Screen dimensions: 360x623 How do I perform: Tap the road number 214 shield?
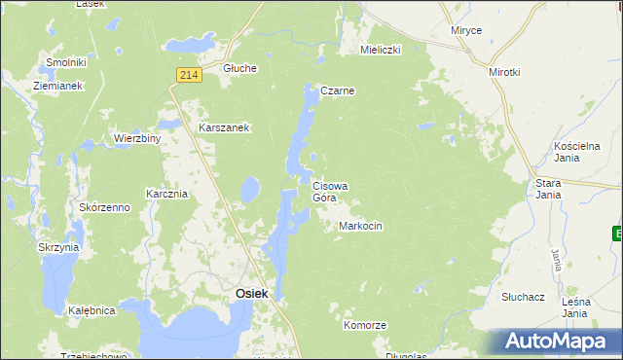[x=189, y=74]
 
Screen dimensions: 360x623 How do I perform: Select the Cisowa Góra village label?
[x=330, y=191]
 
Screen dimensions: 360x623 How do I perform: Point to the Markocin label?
[x=360, y=226]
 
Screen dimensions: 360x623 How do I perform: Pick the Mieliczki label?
[x=381, y=49]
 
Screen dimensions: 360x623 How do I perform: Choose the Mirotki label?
[x=505, y=72]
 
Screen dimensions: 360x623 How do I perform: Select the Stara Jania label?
[x=549, y=188]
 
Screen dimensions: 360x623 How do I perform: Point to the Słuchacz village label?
[x=522, y=295]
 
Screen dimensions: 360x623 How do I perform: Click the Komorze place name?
[x=365, y=325]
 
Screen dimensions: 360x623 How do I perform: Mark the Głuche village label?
[x=239, y=68]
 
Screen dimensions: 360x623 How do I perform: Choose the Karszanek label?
[x=225, y=127]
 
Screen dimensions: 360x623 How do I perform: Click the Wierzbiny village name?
[x=136, y=138]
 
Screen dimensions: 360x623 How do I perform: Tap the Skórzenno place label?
[x=105, y=208]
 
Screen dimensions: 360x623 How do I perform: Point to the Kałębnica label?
[x=92, y=310]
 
